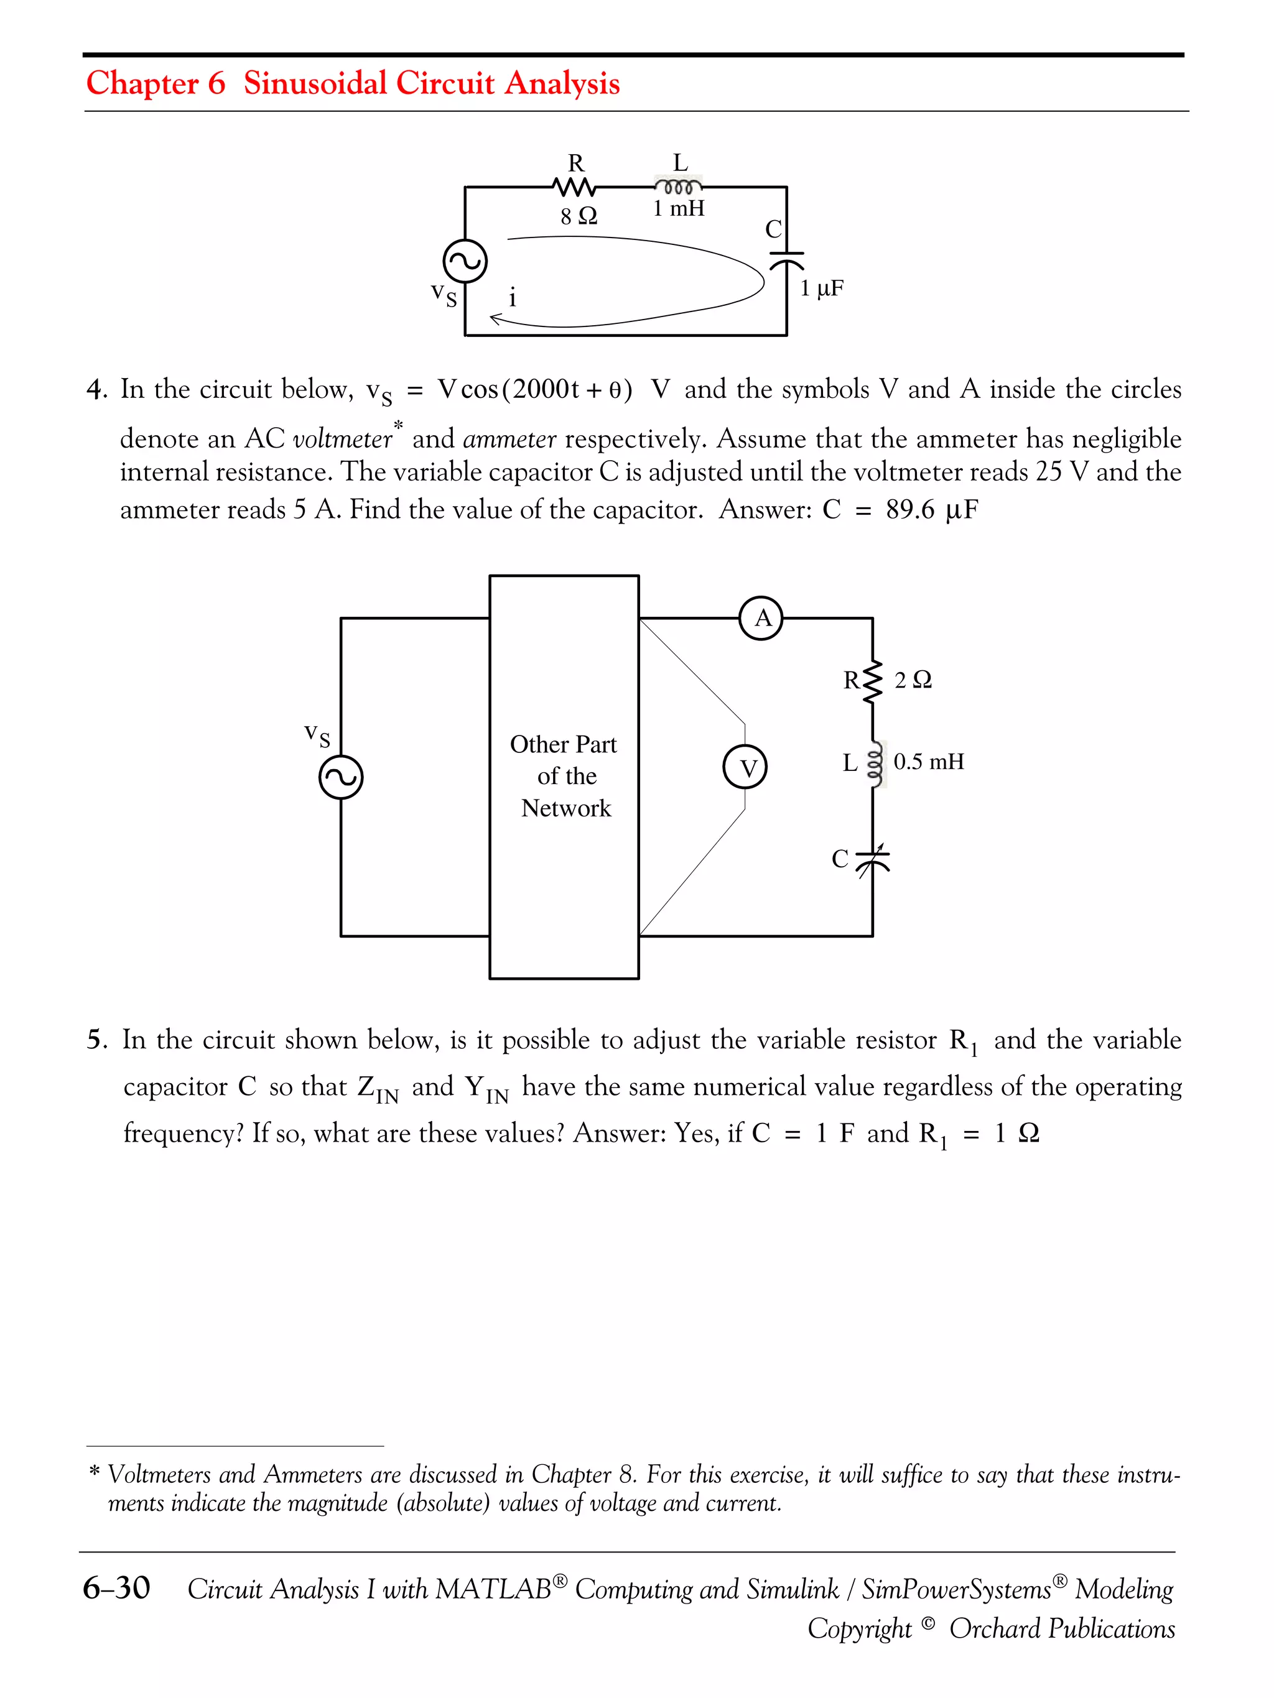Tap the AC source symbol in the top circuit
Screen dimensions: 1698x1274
(465, 262)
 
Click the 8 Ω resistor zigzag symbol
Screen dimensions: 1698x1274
(574, 187)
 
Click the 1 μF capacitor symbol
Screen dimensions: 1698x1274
(787, 259)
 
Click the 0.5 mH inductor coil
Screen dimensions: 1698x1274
(874, 763)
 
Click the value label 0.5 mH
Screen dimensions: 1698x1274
(928, 762)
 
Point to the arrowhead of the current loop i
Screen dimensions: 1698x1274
(495, 318)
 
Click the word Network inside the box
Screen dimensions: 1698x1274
(566, 808)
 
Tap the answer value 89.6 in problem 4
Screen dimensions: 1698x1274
(910, 509)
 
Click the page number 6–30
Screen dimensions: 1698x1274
(117, 1587)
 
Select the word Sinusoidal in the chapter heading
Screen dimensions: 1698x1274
(315, 83)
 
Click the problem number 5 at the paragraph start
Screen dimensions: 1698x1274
(95, 1040)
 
